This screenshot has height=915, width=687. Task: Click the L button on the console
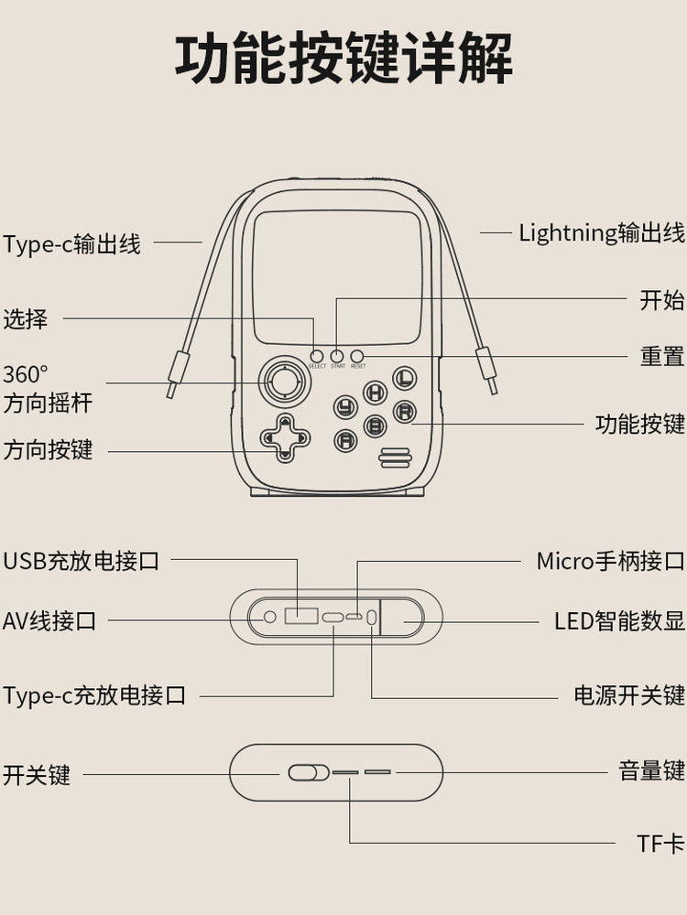coord(405,377)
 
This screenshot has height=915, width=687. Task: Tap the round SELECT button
coord(317,356)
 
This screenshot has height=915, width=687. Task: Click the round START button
coord(337,356)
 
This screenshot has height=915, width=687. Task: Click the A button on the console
coord(345,441)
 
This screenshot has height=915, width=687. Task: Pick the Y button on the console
coord(345,407)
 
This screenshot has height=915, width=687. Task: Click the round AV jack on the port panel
coord(269,618)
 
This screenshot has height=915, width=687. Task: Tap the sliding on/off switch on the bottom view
coord(308,772)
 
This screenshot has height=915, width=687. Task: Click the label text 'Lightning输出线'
coord(602,232)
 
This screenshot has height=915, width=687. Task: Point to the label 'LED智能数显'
coord(619,621)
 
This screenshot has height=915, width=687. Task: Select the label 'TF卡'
coord(661,844)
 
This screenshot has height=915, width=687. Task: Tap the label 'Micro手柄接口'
coord(610,560)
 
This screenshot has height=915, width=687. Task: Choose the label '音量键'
coord(652,771)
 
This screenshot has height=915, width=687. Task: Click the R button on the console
coord(405,412)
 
